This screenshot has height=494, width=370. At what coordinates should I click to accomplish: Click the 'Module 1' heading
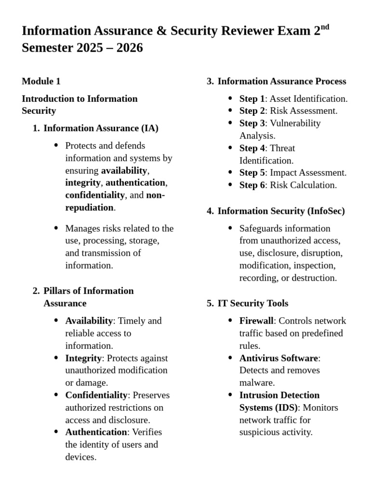[41, 81]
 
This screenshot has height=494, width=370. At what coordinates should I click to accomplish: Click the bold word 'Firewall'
[256, 321]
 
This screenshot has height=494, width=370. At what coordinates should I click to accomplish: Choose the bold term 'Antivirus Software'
[278, 358]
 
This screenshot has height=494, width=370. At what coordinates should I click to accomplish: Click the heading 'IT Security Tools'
[253, 303]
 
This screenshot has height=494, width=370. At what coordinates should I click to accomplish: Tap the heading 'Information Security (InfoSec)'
[281, 211]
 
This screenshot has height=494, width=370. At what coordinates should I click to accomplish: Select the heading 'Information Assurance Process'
[282, 81]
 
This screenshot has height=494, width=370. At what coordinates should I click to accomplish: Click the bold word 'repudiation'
[89, 208]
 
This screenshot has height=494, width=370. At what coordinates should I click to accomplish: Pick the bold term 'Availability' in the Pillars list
[89, 321]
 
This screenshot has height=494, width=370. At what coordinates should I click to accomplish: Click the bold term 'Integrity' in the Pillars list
[83, 358]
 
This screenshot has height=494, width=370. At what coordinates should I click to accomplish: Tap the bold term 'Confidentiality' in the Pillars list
[96, 395]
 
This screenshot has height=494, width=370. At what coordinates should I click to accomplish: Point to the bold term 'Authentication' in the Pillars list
[96, 432]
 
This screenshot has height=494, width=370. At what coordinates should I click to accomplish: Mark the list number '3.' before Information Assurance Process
[210, 81]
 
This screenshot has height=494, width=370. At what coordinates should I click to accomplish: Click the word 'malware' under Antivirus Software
[256, 383]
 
